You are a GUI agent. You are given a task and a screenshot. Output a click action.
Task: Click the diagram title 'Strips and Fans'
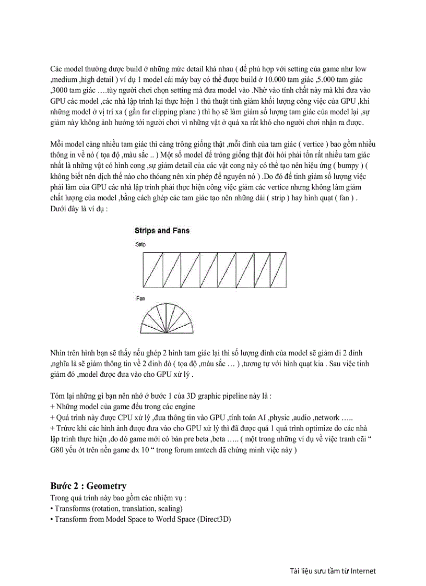[162, 230]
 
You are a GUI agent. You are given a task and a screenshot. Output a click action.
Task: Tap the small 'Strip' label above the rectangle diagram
[140, 244]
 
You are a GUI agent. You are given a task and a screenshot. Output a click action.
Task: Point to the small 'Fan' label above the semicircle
[140, 298]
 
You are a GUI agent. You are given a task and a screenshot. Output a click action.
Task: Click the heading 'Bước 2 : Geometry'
[88, 486]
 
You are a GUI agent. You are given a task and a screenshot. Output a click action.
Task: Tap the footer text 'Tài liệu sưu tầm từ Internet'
[333, 570]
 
